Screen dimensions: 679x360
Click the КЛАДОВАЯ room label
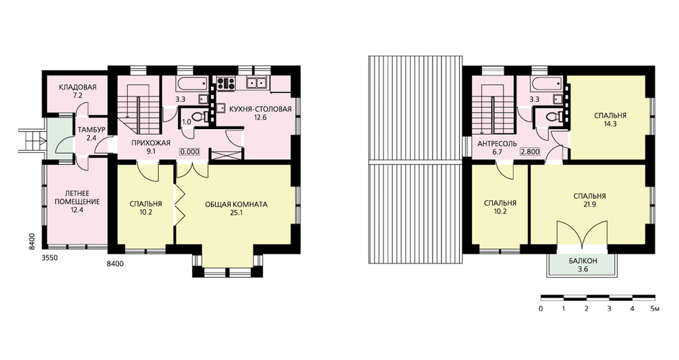pos(77,87)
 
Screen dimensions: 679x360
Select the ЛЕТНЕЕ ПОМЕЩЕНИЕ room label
pos(77,198)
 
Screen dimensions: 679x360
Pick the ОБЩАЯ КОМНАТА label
pos(236,204)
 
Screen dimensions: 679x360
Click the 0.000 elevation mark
pos(190,151)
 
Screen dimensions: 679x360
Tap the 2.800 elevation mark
pos(530,151)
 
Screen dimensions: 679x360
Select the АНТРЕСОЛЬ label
pos(497,144)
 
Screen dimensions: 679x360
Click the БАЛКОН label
pos(583,262)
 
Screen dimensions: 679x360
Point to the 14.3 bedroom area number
pos(610,124)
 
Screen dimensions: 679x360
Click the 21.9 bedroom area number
pos(589,204)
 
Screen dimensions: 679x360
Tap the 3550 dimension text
pos(50,258)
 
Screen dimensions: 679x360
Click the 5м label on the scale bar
pos(655,309)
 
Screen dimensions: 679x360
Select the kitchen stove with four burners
pos(225,82)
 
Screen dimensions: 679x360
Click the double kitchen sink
pos(257,82)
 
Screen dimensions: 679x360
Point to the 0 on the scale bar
pos(541,309)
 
